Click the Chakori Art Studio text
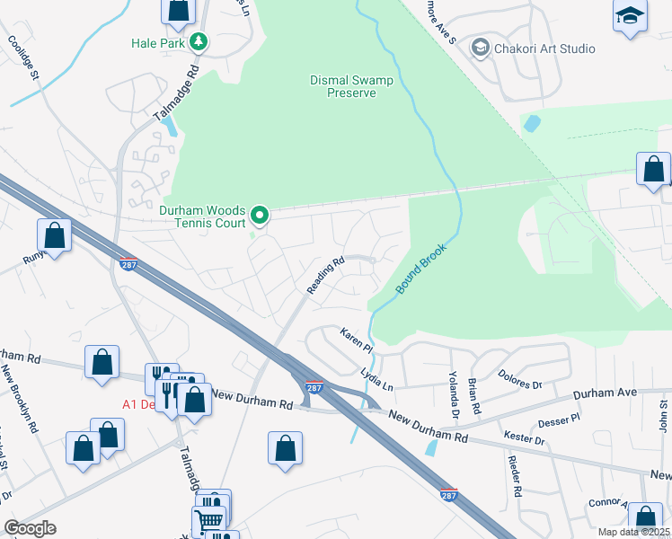[539, 48]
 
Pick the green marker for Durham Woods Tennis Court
[260, 215]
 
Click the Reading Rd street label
[326, 276]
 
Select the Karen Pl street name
[356, 340]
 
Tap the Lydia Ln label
[376, 377]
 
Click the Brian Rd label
[473, 396]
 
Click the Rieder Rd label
[515, 475]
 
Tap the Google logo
[30, 528]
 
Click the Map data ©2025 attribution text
[634, 533]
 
